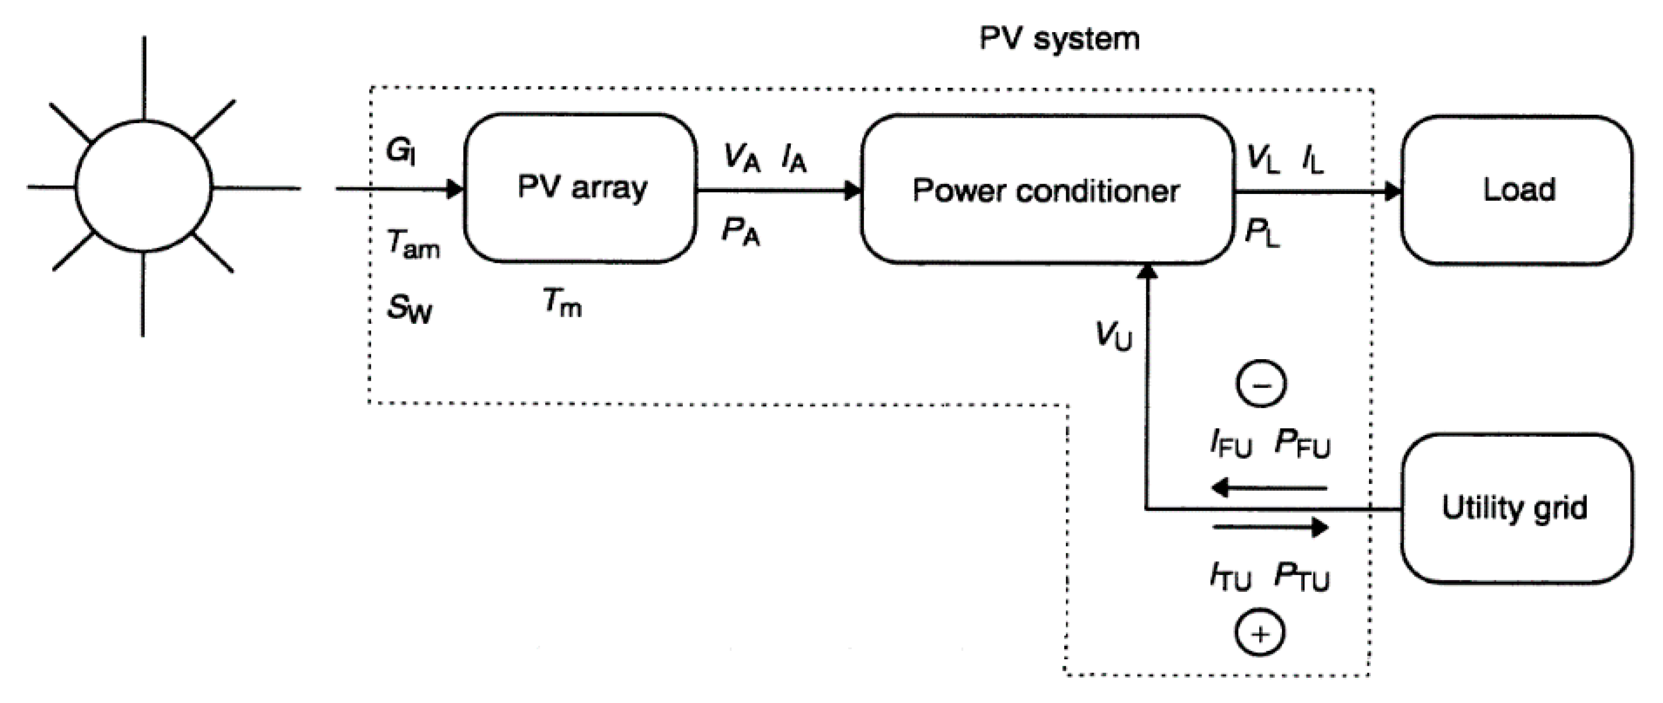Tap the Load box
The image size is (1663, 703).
click(1517, 190)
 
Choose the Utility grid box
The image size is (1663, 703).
click(1516, 509)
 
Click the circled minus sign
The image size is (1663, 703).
click(1261, 385)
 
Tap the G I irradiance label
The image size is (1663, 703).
click(400, 152)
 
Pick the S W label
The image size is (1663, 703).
click(409, 308)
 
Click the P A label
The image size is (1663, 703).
click(741, 232)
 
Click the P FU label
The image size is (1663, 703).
click(1302, 444)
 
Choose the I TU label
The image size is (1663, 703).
click(1230, 576)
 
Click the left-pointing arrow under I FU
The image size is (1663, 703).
click(1269, 488)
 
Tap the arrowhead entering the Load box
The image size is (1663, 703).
click(1393, 192)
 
